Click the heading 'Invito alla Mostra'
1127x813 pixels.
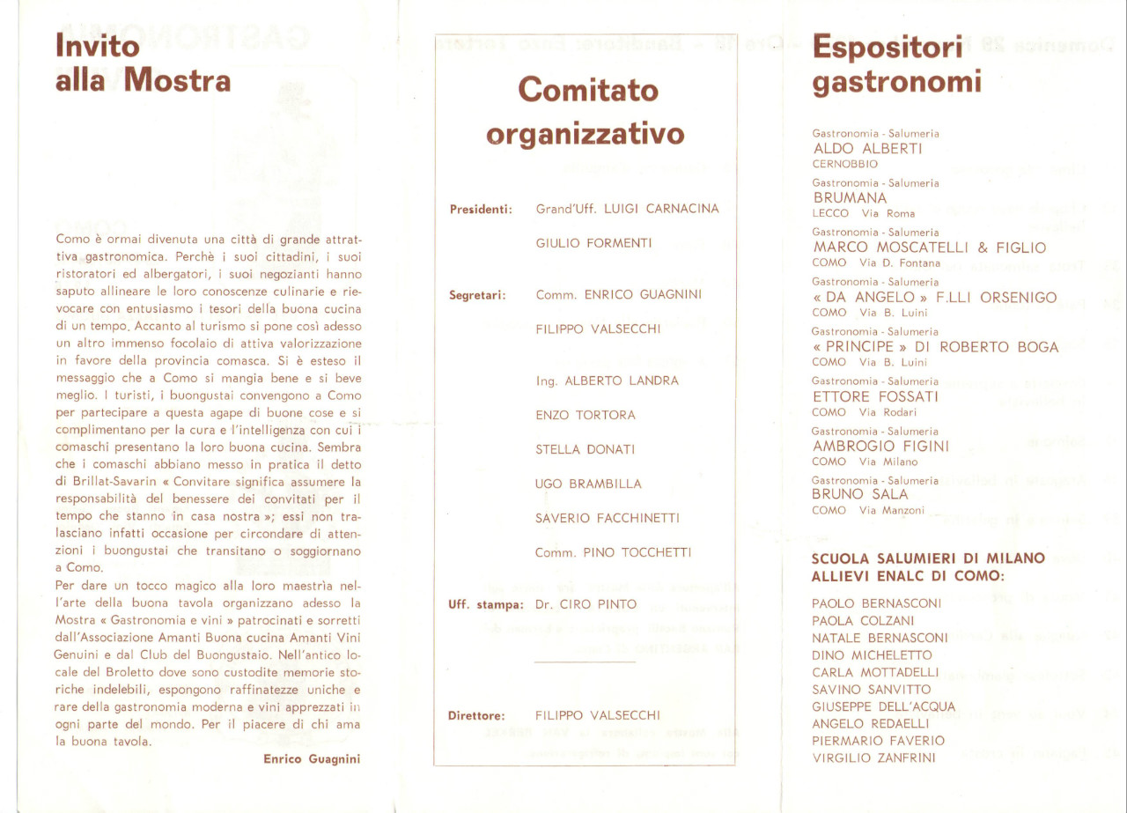(143, 63)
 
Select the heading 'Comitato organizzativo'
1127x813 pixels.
(585, 112)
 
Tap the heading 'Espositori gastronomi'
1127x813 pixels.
(895, 64)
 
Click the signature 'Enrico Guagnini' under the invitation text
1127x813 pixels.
(312, 759)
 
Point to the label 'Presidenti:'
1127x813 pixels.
(481, 210)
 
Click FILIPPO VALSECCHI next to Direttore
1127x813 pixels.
(597, 715)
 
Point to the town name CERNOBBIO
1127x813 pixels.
(844, 164)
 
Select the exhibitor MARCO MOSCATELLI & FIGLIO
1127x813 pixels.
(929, 248)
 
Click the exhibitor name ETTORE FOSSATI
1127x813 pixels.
(876, 396)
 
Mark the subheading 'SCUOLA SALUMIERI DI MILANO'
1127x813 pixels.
(927, 558)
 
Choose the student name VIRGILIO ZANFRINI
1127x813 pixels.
(873, 758)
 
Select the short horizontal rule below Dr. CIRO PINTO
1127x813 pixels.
(585, 661)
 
